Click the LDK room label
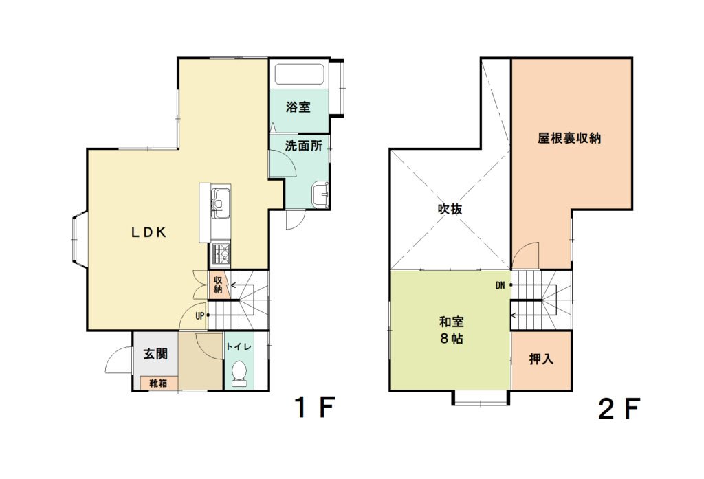pyautogui.click(x=149, y=232)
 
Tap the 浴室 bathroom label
pyautogui.click(x=298, y=107)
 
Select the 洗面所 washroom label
pyautogui.click(x=304, y=146)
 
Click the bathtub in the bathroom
pyautogui.click(x=300, y=74)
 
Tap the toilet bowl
pyautogui.click(x=239, y=373)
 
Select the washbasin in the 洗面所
pyautogui.click(x=320, y=194)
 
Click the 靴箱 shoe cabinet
pyautogui.click(x=159, y=383)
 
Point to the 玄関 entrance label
pyautogui.click(x=156, y=354)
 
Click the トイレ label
pyautogui.click(x=239, y=346)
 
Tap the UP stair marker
pyautogui.click(x=200, y=315)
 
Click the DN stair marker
pyautogui.click(x=500, y=285)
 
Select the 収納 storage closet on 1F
pyautogui.click(x=219, y=284)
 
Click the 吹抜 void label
pyautogui.click(x=450, y=209)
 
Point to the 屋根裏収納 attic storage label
pyautogui.click(x=569, y=138)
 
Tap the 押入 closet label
pyautogui.click(x=541, y=359)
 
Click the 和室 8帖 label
pyautogui.click(x=451, y=330)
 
